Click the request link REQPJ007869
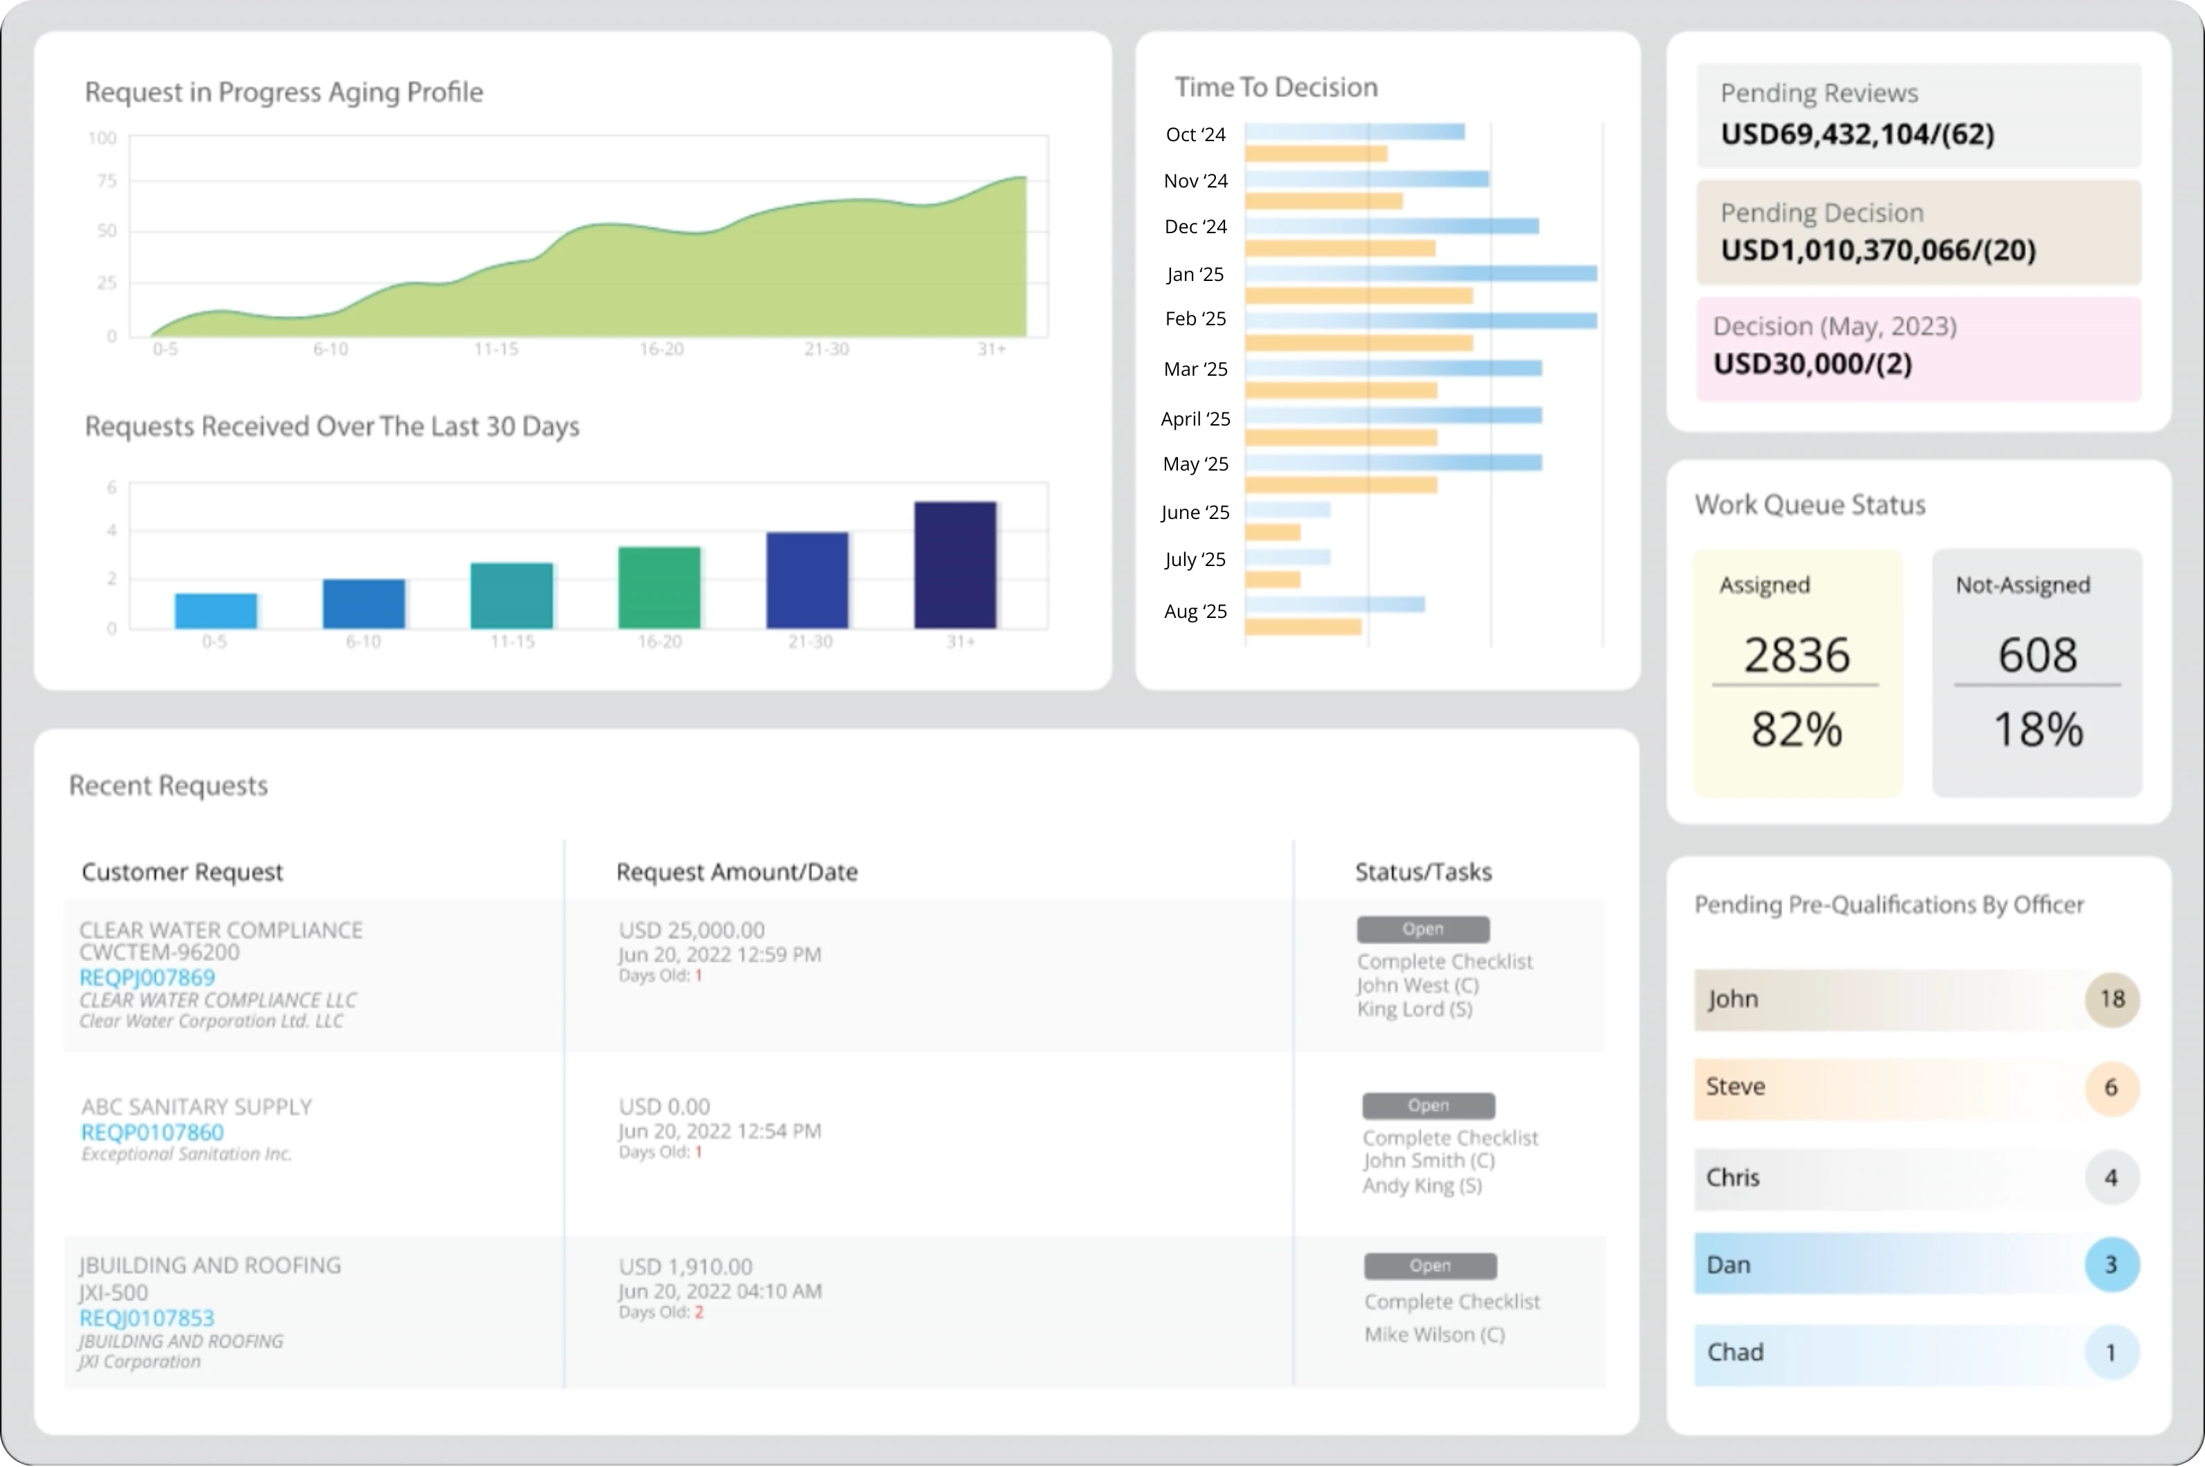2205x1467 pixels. click(x=147, y=978)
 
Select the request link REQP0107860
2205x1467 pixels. click(x=152, y=1132)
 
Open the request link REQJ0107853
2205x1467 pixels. click(x=147, y=1318)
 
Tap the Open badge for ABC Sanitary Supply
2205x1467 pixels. click(x=1428, y=1106)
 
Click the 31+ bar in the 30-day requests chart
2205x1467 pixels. click(x=954, y=565)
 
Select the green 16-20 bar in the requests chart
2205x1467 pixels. click(x=659, y=587)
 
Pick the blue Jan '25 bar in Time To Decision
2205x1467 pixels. click(x=1420, y=273)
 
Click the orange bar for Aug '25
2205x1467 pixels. click(x=1303, y=627)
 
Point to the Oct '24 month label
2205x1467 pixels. click(x=1195, y=135)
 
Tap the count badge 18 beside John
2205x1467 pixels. click(x=2112, y=999)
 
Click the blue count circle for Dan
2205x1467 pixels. click(x=2110, y=1265)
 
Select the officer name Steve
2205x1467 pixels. click(x=1735, y=1087)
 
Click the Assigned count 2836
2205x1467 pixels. click(x=1796, y=655)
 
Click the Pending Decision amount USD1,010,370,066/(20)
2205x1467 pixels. click(x=1878, y=250)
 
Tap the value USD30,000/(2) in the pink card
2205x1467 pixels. click(x=1812, y=364)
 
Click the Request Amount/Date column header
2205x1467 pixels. click(x=736, y=872)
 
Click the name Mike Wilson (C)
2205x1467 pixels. click(x=1434, y=1335)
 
